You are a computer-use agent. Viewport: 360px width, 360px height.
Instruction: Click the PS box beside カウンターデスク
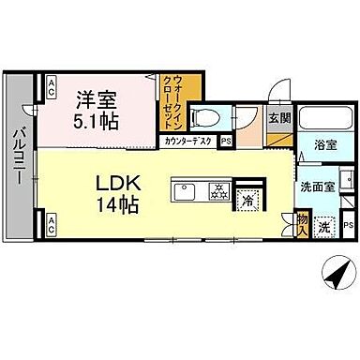[226, 142]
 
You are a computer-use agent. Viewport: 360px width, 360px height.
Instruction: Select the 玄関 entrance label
[278, 119]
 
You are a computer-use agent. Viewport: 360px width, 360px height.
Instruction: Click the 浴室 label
[325, 145]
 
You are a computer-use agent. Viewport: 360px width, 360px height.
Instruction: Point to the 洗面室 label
[315, 187]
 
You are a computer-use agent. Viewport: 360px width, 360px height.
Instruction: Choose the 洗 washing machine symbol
[325, 226]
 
